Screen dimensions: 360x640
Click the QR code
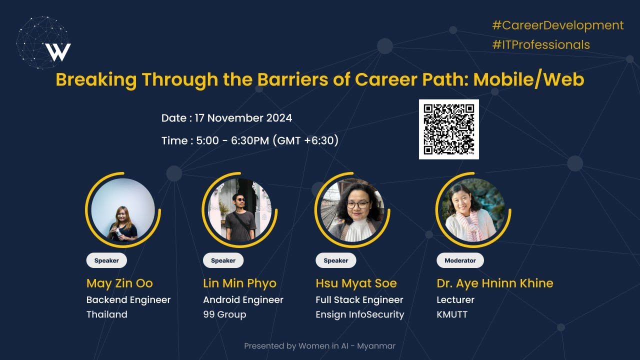click(448, 129)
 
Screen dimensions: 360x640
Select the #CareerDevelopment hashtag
click(558, 25)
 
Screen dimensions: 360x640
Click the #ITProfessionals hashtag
click(541, 44)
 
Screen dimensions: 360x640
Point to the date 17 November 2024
click(249, 118)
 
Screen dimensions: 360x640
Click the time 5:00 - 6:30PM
click(232, 140)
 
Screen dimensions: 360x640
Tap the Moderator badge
click(460, 260)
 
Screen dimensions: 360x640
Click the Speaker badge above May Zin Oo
click(106, 260)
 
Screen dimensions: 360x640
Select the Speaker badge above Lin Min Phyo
click(223, 260)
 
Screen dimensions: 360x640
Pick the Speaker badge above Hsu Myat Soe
click(335, 260)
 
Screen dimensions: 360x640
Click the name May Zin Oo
click(119, 283)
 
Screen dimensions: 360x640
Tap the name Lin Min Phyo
click(239, 283)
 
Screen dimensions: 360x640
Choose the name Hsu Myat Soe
click(356, 283)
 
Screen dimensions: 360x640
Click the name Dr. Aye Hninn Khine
click(495, 283)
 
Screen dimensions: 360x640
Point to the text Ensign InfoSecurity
click(359, 314)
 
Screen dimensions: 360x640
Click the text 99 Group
click(224, 314)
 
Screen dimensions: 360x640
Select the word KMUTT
click(452, 314)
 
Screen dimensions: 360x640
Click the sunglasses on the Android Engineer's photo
click(238, 199)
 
